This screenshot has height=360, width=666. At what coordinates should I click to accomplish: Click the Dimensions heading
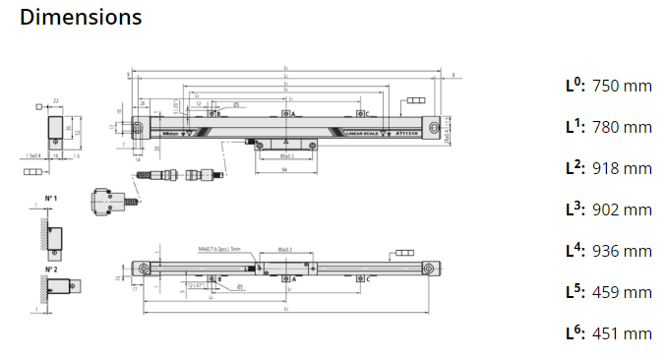coord(81,17)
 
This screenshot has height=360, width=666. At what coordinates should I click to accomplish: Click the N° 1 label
coord(50,199)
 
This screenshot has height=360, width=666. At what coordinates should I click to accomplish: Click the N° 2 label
coord(50,268)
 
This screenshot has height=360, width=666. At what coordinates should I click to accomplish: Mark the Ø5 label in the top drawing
coord(236,104)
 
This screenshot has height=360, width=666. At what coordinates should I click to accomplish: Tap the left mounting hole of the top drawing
coord(142,129)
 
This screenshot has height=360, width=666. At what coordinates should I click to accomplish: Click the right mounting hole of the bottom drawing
coord(429,269)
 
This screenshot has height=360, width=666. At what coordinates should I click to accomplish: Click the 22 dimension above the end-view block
coord(57,100)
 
